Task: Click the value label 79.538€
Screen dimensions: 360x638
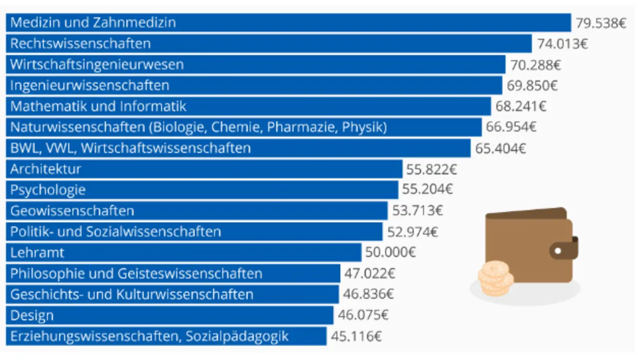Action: click(x=601, y=23)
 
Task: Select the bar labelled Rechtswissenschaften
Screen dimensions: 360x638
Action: click(x=269, y=44)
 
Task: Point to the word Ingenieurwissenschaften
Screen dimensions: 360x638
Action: click(x=90, y=86)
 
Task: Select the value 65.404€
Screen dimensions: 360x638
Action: click(x=500, y=149)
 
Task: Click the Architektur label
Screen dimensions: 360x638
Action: click(x=45, y=170)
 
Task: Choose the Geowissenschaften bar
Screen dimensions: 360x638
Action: click(x=197, y=211)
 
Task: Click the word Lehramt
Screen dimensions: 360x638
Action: click(x=37, y=253)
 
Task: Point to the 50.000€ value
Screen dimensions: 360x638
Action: click(x=390, y=253)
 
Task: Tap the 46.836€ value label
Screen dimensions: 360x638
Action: click(x=368, y=295)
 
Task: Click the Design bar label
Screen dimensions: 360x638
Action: click(x=32, y=316)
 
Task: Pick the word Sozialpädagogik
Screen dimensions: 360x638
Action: click(x=237, y=337)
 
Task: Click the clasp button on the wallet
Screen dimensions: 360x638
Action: click(x=558, y=250)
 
